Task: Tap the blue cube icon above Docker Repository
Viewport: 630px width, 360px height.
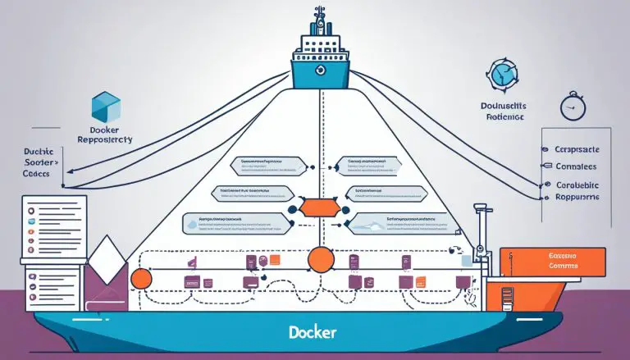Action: [x=106, y=108]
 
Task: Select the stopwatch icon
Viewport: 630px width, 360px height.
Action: [x=571, y=108]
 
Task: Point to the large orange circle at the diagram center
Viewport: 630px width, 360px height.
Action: [x=321, y=260]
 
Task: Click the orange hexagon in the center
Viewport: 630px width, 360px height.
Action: [x=316, y=208]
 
